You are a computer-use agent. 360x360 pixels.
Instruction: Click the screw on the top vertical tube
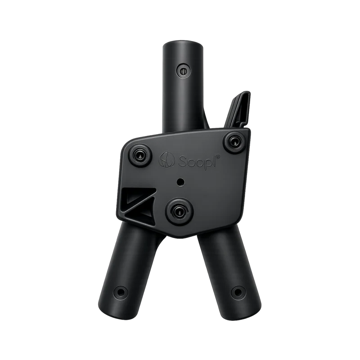(x=183, y=71)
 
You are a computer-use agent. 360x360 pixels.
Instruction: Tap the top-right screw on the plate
(x=234, y=142)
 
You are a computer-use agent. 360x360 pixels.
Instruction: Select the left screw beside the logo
(x=139, y=155)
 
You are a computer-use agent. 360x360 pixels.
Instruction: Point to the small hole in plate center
(x=180, y=182)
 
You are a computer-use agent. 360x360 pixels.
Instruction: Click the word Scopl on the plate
(x=197, y=162)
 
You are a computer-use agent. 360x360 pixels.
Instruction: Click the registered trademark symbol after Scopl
(x=218, y=156)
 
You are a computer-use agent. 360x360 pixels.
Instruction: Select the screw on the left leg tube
(x=121, y=292)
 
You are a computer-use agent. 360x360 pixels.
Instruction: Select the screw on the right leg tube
(x=238, y=292)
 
